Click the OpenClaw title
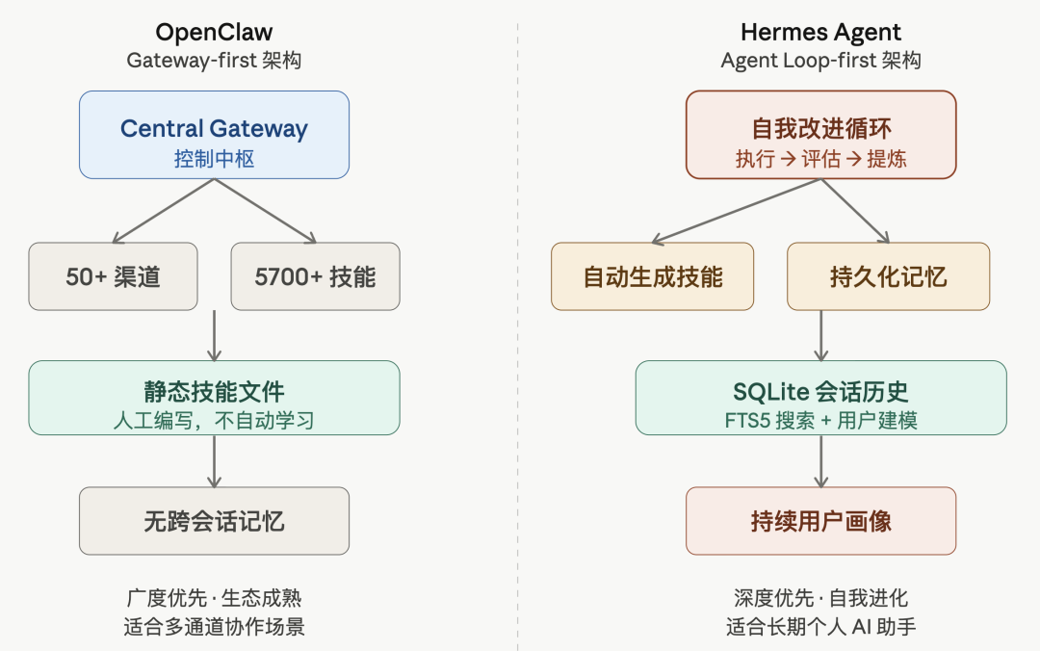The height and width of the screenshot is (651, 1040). (214, 32)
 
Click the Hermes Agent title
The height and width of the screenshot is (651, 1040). (820, 32)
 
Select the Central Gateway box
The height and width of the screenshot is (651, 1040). (214, 135)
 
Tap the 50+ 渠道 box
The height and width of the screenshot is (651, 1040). (113, 276)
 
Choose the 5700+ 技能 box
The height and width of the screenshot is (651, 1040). (315, 276)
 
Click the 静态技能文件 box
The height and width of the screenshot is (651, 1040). (214, 398)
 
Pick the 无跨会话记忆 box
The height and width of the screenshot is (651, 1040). (214, 521)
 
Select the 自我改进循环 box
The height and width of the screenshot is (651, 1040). (820, 135)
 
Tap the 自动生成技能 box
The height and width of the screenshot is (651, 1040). (652, 276)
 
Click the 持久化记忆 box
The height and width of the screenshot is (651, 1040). (888, 276)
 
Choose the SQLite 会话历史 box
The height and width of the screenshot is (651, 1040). (820, 398)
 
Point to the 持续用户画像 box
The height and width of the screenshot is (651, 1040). (820, 521)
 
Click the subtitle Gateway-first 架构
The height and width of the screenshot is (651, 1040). (214, 61)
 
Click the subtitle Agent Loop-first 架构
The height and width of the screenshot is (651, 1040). (820, 61)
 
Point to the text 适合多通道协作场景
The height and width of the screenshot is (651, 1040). (214, 627)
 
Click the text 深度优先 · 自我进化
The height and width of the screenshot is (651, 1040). (820, 598)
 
